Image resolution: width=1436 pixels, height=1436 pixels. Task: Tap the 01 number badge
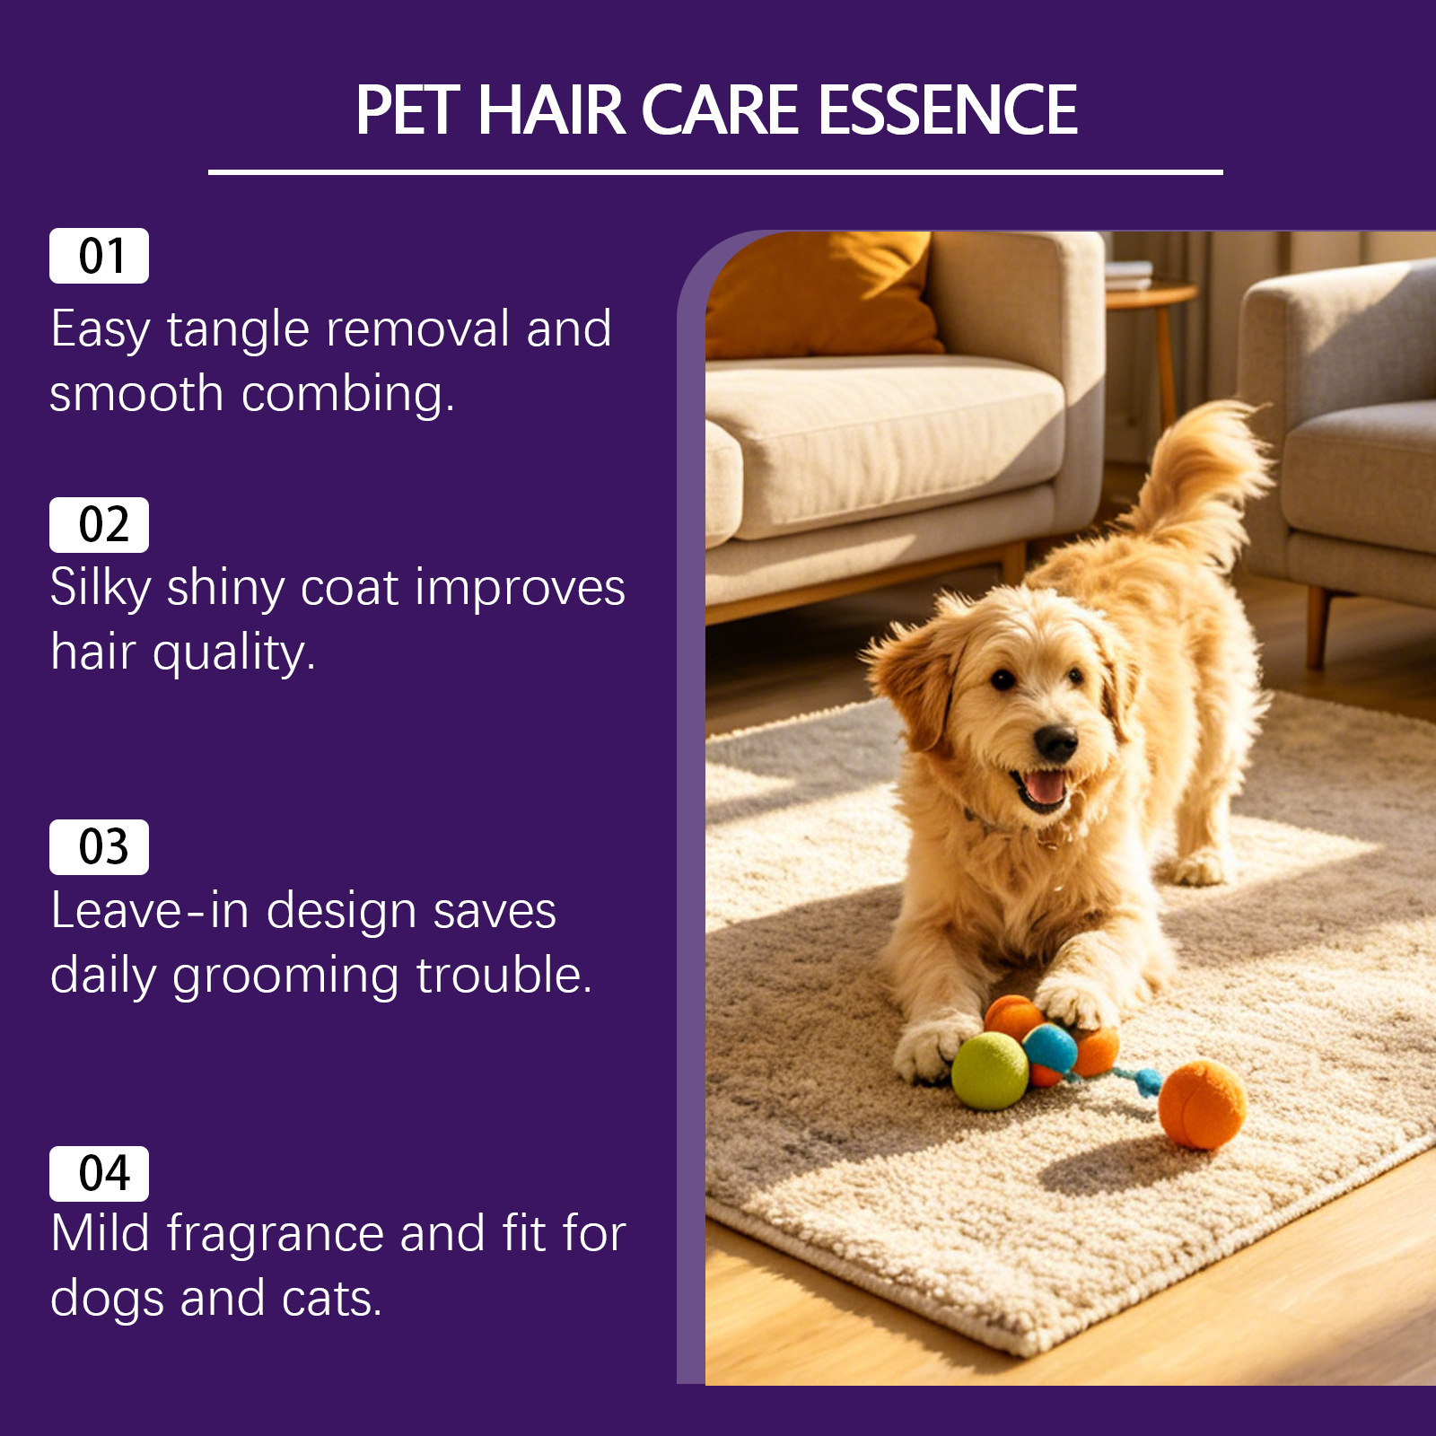(99, 256)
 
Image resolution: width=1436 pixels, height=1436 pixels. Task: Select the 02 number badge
(99, 525)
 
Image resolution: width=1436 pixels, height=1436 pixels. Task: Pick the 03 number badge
(99, 847)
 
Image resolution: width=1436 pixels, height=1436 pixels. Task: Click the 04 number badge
(99, 1174)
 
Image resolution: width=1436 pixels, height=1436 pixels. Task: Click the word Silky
(101, 590)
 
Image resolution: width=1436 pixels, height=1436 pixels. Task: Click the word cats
(331, 1299)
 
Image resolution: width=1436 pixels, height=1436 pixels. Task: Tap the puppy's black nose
(1055, 742)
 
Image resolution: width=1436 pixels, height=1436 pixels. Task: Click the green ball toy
(990, 1071)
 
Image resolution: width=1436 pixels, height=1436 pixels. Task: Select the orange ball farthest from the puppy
(1202, 1105)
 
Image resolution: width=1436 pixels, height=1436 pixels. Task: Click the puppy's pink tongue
(1045, 787)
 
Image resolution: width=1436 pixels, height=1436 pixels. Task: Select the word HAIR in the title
(551, 110)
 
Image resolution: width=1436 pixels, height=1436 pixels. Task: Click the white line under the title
(715, 171)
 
